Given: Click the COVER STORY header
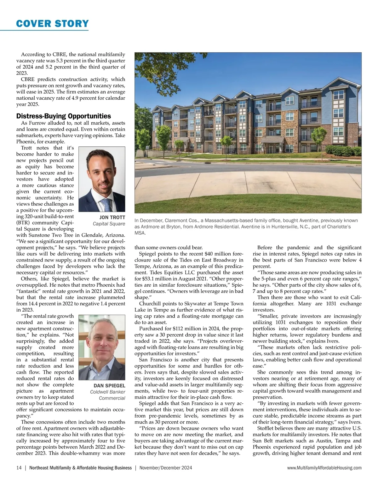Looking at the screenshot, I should (53, 24).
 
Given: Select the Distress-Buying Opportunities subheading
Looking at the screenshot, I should (64, 116).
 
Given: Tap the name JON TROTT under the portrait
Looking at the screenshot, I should (112, 218).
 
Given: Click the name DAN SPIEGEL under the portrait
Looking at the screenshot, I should (109, 386).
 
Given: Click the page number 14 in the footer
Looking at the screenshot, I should (19, 468).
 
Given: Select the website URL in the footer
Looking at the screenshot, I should (324, 468).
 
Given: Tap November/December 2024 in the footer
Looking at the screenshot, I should (166, 468).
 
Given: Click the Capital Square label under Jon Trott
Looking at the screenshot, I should (109, 224).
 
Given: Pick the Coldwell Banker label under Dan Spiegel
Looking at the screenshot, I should (107, 392).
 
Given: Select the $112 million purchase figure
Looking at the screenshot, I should (186, 329).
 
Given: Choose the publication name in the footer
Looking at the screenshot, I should (80, 468).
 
